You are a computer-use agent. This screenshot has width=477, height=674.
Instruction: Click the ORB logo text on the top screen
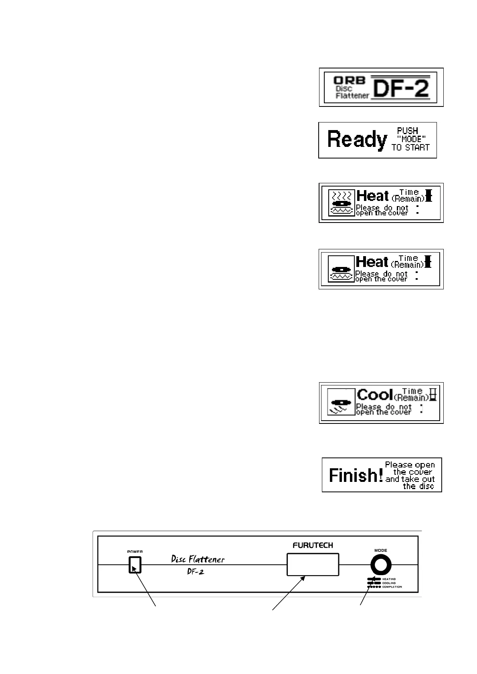pyautogui.click(x=350, y=80)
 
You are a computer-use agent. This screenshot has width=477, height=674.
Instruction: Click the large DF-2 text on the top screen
pyautogui.click(x=400, y=88)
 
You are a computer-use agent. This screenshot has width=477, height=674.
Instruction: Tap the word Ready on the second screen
pyautogui.click(x=357, y=140)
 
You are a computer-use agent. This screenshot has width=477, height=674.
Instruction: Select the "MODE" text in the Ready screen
pyautogui.click(x=411, y=139)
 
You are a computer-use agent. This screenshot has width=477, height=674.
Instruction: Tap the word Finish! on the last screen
pyautogui.click(x=356, y=475)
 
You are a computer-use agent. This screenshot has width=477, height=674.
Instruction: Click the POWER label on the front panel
pyautogui.click(x=135, y=552)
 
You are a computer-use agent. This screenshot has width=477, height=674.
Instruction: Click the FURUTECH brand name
pyautogui.click(x=313, y=545)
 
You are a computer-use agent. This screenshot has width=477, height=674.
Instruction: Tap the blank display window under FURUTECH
pyautogui.click(x=313, y=564)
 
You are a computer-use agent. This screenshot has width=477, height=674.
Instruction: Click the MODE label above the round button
pyautogui.click(x=381, y=550)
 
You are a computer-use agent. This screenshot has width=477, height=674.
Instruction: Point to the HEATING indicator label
pyautogui.click(x=389, y=579)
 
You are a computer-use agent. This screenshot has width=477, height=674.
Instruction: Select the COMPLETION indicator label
pyautogui.click(x=392, y=587)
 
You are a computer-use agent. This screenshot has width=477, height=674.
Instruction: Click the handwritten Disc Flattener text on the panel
pyautogui.click(x=198, y=559)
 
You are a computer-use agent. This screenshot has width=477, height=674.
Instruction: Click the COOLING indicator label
pyautogui.click(x=389, y=583)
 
